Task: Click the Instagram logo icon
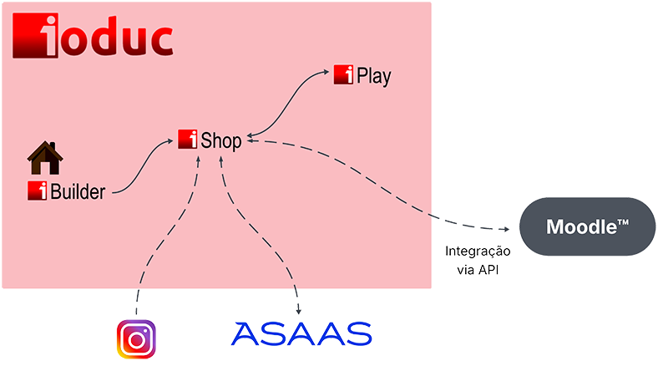point(136,339)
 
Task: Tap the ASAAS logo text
point(301,334)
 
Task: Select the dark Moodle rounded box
point(588,226)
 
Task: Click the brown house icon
point(45,158)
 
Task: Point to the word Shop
point(221,140)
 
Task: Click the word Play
point(373,76)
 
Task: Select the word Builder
point(78,192)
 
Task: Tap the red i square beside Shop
point(187,139)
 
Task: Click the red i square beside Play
point(343,74)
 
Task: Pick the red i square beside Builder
point(38,191)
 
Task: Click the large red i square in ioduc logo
point(35,35)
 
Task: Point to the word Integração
point(478,252)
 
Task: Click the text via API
point(478,270)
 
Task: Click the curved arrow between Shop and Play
point(286,104)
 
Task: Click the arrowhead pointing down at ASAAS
point(299,311)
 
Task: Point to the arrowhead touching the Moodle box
point(507,230)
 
